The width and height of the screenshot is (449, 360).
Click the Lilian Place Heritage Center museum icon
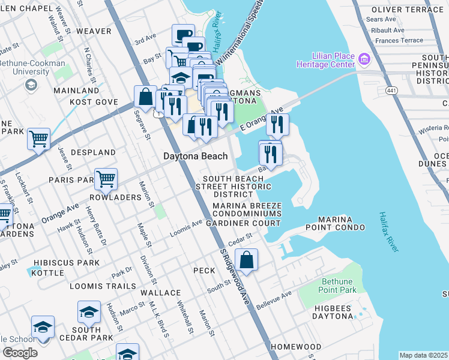(x=364, y=59)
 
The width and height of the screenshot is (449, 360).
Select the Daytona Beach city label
(x=196, y=156)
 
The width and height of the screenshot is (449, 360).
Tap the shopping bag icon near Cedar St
(x=246, y=260)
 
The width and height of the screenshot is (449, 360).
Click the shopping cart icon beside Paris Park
(x=106, y=178)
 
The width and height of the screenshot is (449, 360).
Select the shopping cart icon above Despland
(x=38, y=139)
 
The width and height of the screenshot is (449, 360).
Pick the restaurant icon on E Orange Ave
(x=277, y=124)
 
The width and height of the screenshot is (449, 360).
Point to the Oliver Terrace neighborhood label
(x=407, y=10)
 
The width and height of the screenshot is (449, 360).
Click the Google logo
(x=19, y=353)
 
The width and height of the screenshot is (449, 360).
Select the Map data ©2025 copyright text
(x=423, y=355)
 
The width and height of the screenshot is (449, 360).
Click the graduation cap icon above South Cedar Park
(x=89, y=312)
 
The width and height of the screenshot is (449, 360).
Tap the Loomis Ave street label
(x=189, y=227)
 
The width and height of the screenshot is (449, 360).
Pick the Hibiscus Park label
(x=67, y=263)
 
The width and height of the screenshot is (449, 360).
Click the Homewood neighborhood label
(x=296, y=347)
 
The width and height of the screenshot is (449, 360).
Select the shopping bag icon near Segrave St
(x=145, y=96)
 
